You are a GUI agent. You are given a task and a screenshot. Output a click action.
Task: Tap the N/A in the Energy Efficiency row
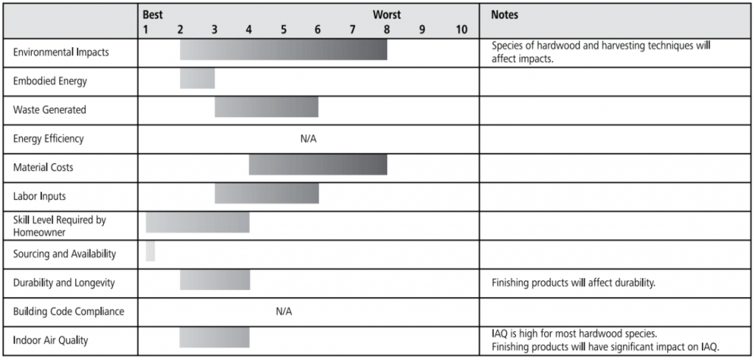[308, 139]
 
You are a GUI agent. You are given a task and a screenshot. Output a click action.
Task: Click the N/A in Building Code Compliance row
[284, 311]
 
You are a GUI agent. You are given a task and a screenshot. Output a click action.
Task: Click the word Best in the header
[153, 15]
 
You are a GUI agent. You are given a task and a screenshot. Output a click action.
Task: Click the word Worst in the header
[386, 15]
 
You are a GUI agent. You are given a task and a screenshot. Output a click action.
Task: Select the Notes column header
[504, 15]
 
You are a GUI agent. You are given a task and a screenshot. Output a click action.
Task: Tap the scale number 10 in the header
[461, 30]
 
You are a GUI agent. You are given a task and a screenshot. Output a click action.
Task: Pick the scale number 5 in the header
[283, 30]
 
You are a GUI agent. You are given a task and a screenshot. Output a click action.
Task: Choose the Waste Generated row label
[49, 110]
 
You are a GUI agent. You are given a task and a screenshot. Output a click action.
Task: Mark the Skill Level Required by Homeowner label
[60, 226]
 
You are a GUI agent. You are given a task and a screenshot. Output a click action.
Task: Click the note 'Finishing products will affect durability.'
[573, 283]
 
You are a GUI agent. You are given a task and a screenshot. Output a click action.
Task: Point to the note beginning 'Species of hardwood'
[600, 52]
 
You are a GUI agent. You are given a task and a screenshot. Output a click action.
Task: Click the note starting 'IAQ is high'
[605, 339]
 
